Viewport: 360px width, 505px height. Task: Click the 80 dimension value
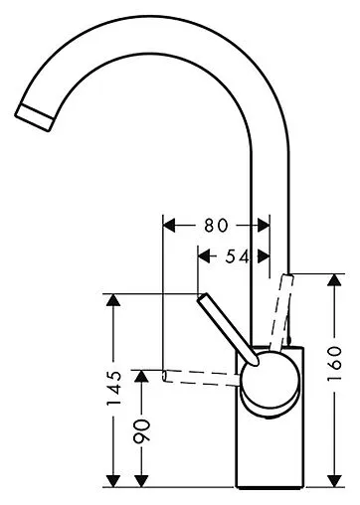[216, 226]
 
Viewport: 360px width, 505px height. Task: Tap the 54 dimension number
[235, 256]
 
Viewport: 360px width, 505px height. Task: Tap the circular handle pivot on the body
[266, 383]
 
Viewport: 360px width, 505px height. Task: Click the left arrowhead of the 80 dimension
[167, 226]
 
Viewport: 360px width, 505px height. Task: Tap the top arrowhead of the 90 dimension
[142, 379]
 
